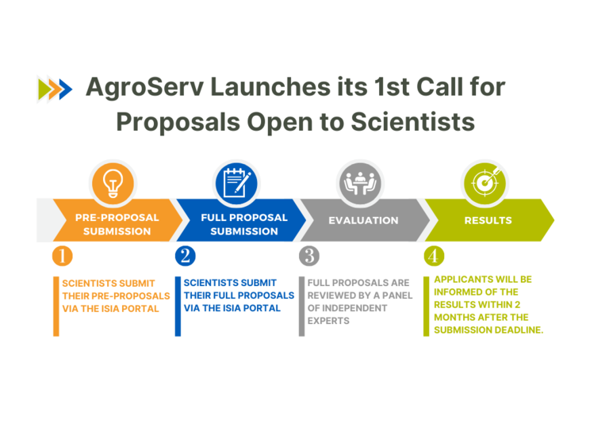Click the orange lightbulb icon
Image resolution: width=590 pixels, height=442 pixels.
click(x=113, y=184)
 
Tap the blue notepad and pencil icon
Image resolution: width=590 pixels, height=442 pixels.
click(x=236, y=184)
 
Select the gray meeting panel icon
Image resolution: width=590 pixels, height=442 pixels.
click(x=360, y=184)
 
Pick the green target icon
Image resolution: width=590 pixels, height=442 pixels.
click(x=485, y=184)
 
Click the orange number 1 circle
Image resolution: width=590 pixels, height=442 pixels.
click(x=63, y=256)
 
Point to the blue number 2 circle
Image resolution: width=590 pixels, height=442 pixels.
click(x=185, y=256)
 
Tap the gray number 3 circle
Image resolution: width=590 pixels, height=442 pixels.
click(x=309, y=256)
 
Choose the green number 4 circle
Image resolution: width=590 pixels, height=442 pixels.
click(x=434, y=256)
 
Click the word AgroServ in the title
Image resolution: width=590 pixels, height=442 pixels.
click(x=145, y=88)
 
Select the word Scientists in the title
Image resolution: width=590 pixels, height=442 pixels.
click(x=413, y=122)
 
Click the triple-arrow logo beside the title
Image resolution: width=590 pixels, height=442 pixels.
click(x=55, y=90)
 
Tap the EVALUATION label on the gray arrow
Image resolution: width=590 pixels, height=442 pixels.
click(x=363, y=220)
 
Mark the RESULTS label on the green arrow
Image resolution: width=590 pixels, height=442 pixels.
click(x=488, y=220)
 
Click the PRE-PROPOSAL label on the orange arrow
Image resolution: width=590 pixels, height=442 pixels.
click(x=117, y=218)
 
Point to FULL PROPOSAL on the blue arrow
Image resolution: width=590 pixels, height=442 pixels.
click(x=244, y=218)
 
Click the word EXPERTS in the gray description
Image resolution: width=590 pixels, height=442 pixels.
click(x=328, y=321)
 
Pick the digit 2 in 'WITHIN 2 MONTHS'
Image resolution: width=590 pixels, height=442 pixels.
click(x=518, y=305)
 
